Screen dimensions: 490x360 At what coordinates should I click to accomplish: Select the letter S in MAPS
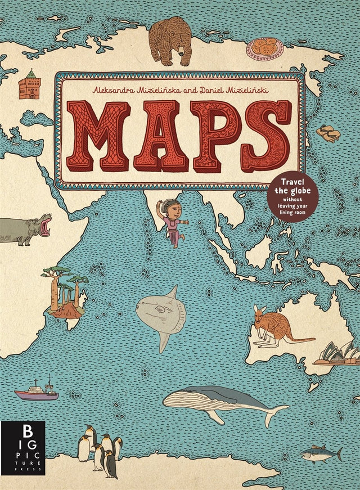pyautogui.click(x=267, y=136)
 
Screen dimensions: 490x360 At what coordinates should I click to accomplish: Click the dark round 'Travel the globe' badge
pyautogui.click(x=292, y=196)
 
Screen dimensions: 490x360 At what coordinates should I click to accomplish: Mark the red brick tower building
pyautogui.click(x=29, y=85)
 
